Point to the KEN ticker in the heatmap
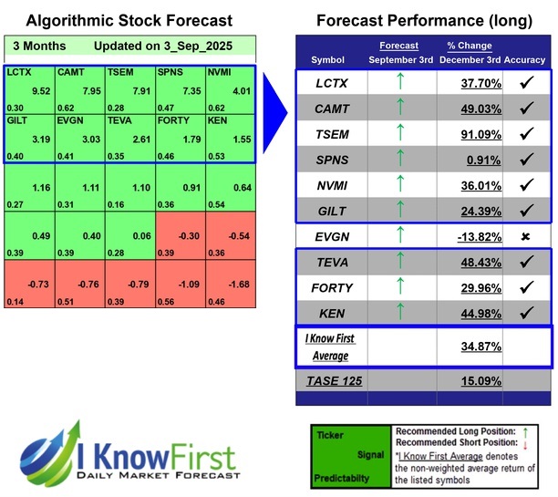[218, 119]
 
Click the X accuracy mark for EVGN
[525, 235]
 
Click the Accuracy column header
[525, 59]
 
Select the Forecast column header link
[398, 46]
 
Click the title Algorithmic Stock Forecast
[129, 20]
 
